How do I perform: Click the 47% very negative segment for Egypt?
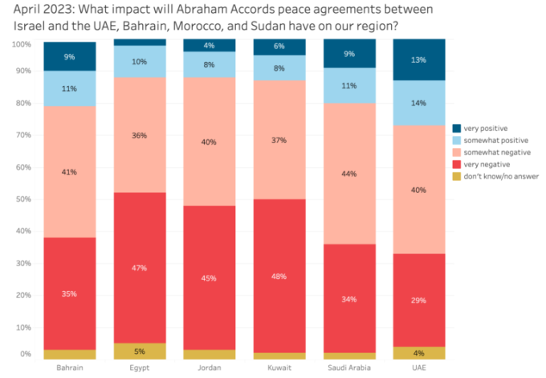click(139, 268)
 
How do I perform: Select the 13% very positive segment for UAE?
click(418, 60)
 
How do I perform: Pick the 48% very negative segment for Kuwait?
click(279, 277)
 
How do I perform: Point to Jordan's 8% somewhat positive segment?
click(209, 64)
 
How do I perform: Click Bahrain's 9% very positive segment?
click(69, 56)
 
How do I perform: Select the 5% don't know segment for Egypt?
click(139, 351)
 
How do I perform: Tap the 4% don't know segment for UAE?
click(418, 352)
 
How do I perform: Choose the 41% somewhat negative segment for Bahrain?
click(69, 171)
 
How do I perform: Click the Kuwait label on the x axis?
click(279, 368)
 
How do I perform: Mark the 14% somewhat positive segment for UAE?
click(418, 103)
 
